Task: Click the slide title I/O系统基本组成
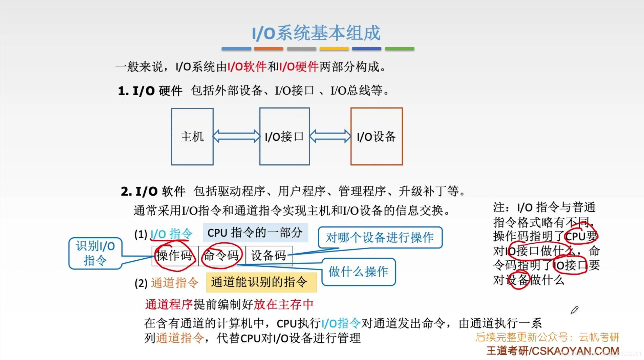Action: point(316,33)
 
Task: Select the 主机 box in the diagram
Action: point(192,137)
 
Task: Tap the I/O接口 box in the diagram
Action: point(284,137)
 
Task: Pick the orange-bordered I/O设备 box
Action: point(377,137)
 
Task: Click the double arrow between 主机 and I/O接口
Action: point(236,136)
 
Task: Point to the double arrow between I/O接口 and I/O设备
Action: point(330,136)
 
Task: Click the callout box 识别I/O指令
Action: point(95,253)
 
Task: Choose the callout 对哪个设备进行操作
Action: point(380,238)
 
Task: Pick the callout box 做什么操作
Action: point(358,272)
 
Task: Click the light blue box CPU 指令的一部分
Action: point(255,233)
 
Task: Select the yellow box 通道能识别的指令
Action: point(261,282)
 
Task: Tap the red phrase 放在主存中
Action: point(284,304)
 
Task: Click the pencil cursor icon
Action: point(575,310)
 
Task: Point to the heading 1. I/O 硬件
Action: point(150,91)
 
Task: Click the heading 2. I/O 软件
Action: point(153,192)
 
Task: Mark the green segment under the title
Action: point(400,49)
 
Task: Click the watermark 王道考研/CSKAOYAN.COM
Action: point(553,351)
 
